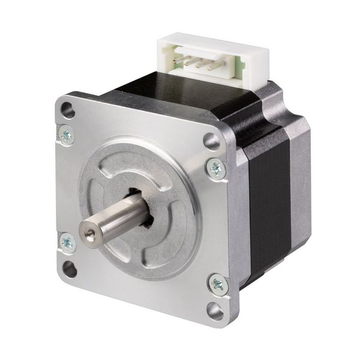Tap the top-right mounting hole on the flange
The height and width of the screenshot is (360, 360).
coord(211,142)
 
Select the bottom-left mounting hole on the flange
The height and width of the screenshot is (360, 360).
coord(70,268)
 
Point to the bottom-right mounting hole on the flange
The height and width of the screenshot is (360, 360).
coord(215,309)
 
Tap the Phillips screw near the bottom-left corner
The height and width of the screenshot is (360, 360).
coord(67,243)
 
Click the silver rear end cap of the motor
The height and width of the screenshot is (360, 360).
coord(300,180)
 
